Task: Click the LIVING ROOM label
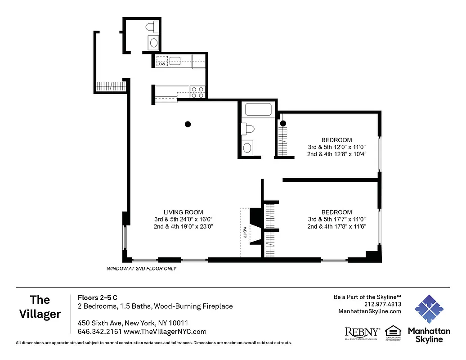(183, 212)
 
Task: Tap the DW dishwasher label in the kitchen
(161, 64)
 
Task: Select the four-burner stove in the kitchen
(197, 92)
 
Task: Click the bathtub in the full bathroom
(258, 110)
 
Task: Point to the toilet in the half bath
(150, 28)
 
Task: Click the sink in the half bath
(154, 43)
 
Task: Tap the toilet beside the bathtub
(247, 130)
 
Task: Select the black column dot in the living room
(188, 124)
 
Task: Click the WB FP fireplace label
(245, 232)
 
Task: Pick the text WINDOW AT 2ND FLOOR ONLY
(141, 269)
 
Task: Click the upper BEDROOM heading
(336, 140)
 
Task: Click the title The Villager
(40, 307)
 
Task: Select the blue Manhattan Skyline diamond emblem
(429, 309)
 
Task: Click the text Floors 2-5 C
(98, 297)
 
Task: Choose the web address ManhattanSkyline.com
(369, 311)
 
